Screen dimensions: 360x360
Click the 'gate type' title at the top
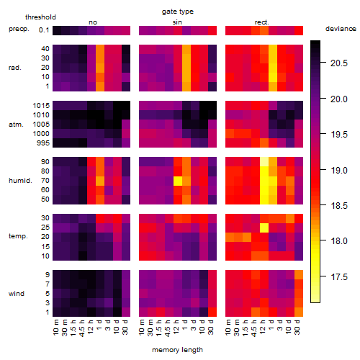[178, 12]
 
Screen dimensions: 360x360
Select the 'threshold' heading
[40, 17]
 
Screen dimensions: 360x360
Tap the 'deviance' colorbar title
[341, 29]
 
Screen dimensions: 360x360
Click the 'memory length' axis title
[177, 350]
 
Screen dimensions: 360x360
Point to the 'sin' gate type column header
[177, 22]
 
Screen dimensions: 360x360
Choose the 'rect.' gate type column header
[261, 22]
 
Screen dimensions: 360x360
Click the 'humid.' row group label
[20, 181]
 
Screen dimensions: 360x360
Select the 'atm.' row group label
[16, 125]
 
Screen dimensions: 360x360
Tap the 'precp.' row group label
[19, 29]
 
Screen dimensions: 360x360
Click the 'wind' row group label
[17, 293]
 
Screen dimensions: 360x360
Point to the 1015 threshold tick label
[41, 106]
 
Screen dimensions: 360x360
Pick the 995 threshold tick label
[43, 143]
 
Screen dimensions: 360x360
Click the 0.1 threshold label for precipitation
[44, 30]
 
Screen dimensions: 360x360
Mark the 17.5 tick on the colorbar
[339, 277]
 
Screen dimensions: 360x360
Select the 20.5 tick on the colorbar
[339, 63]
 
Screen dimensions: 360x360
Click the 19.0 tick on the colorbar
[339, 171]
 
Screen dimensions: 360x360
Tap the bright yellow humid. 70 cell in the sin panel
[178, 181]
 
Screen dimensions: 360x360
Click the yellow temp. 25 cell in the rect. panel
[264, 228]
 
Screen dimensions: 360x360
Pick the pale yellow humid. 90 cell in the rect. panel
[264, 162]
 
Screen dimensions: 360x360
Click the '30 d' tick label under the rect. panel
[297, 327]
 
